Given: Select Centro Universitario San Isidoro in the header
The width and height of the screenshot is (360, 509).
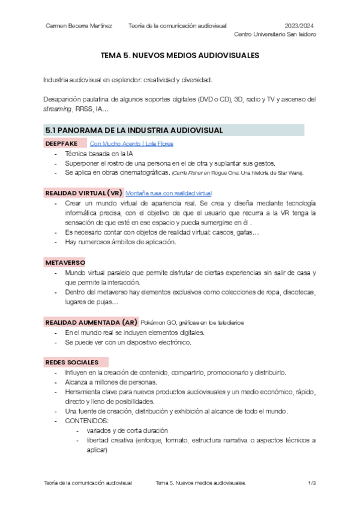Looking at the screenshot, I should pos(275,34).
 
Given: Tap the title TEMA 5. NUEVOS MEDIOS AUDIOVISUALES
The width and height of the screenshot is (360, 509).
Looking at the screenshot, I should pos(179,55).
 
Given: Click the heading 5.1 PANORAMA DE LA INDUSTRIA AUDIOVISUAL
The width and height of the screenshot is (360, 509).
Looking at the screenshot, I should pos(135,130).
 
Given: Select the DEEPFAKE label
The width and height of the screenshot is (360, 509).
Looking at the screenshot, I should pos(62,144).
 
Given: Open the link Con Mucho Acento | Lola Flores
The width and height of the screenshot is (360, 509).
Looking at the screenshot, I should pos(131,144).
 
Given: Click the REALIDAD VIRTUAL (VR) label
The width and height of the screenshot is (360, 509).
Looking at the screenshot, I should pos(84,193).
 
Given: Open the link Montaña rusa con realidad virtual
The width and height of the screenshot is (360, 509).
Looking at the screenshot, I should pos(169,193).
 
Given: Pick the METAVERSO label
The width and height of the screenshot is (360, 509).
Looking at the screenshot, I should pos(65,263).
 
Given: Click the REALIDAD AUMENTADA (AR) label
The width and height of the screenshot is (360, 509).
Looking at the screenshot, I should pos(91,322).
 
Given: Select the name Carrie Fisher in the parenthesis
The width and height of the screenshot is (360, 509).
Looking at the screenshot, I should pos(189,173).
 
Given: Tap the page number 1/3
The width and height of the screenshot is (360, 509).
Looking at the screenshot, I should pos(312,483).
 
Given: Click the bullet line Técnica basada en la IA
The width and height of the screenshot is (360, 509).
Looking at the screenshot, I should pos(94,154).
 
